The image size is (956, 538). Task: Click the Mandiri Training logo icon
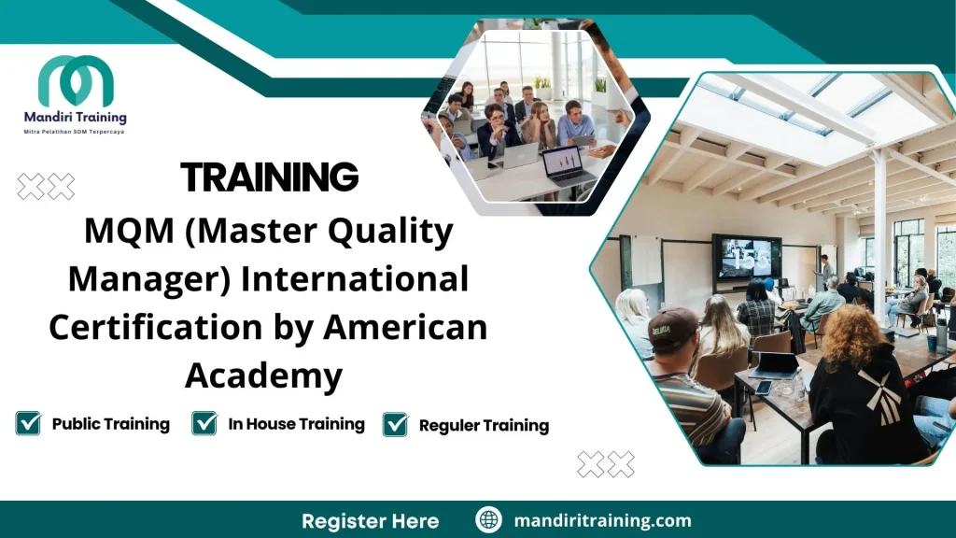pos(76,83)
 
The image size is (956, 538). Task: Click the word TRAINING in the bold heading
pos(269,177)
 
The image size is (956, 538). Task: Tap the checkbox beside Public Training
pos(28,423)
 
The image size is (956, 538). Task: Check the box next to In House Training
pos(204,423)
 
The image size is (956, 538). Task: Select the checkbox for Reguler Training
pos(396,425)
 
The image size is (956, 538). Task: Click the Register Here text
pos(370,520)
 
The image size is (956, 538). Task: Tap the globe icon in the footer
pos(488,520)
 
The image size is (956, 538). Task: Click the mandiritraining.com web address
pos(603,520)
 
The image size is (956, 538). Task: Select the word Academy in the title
pos(264,375)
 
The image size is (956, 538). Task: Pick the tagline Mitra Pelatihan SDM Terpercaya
pos(74,133)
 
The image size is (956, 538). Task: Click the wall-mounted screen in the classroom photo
pos(747,257)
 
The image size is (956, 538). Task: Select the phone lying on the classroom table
pos(763,387)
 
